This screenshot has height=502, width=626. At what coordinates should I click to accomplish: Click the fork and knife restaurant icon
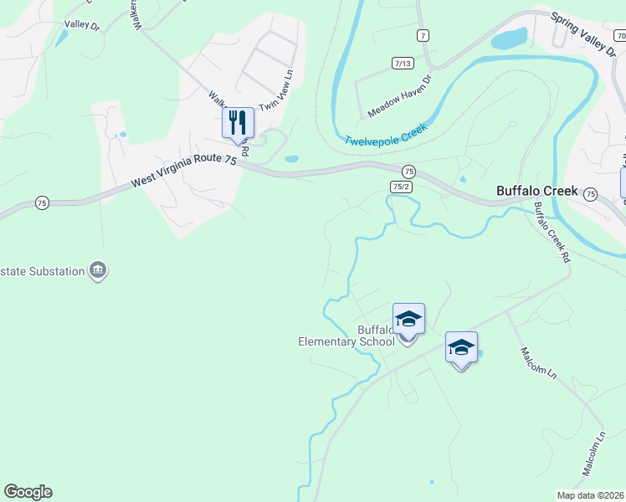tap(238, 123)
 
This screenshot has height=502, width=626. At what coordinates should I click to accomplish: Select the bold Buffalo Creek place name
tap(536, 190)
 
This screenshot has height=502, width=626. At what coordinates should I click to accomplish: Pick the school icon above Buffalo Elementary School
tap(408, 319)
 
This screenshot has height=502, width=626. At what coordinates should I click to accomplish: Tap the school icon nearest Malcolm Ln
tap(461, 347)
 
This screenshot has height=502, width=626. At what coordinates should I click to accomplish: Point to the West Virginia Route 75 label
tap(184, 174)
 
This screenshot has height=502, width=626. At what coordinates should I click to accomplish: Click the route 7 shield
tap(423, 35)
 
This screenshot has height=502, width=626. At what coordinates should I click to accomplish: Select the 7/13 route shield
tap(403, 64)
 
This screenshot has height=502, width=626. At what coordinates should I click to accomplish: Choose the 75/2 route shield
tap(400, 187)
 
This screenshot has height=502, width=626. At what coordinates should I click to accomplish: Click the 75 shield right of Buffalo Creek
tap(590, 194)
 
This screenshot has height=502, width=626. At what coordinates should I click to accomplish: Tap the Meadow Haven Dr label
tap(399, 95)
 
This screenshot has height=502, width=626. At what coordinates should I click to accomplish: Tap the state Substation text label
tap(42, 271)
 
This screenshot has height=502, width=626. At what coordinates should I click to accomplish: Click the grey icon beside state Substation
tap(98, 270)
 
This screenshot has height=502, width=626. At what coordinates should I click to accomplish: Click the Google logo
tap(28, 492)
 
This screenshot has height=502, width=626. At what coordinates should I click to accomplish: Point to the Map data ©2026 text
tap(590, 495)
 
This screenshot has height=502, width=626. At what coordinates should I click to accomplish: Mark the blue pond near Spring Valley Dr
tap(510, 38)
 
